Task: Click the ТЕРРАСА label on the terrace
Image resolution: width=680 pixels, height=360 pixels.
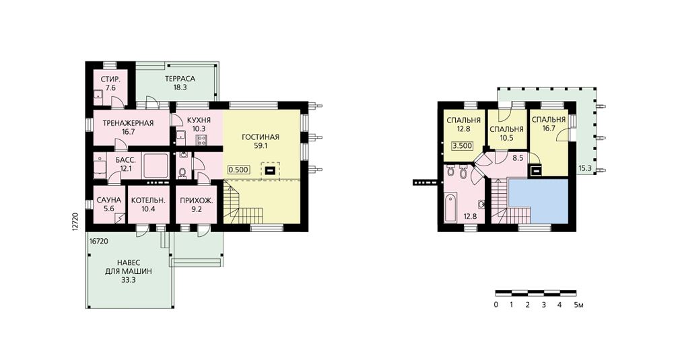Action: click(180, 79)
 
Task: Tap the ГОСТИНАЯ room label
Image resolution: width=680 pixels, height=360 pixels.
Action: click(260, 137)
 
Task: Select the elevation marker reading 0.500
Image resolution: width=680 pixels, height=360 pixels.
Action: click(238, 170)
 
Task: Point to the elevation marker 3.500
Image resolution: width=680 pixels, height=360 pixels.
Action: click(462, 146)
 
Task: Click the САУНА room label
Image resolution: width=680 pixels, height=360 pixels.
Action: click(109, 200)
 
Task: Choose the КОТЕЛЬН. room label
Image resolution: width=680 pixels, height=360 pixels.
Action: click(149, 200)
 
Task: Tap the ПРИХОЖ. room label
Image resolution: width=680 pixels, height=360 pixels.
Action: click(197, 201)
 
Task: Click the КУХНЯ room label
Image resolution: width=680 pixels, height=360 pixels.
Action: click(199, 120)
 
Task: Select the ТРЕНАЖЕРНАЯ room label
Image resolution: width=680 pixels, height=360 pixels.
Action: click(128, 123)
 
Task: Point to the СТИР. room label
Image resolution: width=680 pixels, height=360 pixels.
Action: click(110, 79)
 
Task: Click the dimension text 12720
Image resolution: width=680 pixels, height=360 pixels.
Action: click(75, 222)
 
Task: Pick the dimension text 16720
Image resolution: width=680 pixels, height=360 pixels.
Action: click(99, 241)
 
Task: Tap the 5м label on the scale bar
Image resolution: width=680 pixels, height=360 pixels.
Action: click(578, 305)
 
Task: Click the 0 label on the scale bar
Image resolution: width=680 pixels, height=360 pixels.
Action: click(496, 305)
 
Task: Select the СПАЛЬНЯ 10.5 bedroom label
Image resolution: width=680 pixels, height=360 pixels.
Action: click(506, 129)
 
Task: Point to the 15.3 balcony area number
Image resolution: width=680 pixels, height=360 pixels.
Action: click(585, 168)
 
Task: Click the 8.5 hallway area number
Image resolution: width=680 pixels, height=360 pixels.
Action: click(518, 159)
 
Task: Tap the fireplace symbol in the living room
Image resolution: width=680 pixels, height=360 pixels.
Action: click(271, 170)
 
